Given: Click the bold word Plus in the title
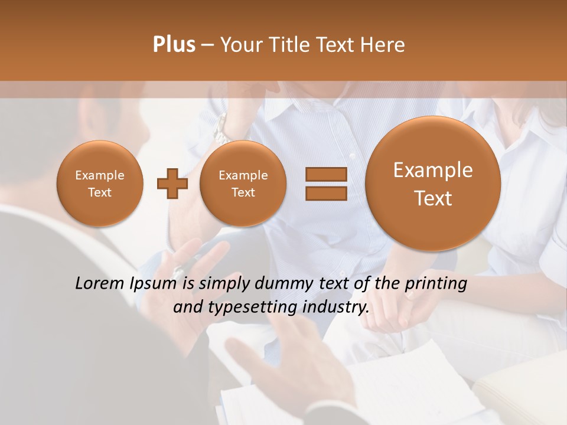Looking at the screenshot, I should click(174, 45).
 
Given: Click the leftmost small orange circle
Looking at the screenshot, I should click(100, 183).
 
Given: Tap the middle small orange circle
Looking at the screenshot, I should click(243, 183).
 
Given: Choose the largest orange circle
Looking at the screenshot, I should click(433, 184).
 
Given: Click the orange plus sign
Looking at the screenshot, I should click(172, 183).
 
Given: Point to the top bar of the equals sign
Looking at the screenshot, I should click(326, 174).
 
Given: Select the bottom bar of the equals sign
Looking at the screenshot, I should click(326, 194).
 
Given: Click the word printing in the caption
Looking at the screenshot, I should click(435, 284).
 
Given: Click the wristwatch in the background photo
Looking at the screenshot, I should click(220, 129).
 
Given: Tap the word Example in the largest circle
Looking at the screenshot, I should click(433, 170).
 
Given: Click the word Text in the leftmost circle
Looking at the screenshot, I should click(100, 192).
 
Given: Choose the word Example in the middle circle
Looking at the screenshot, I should click(243, 175).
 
